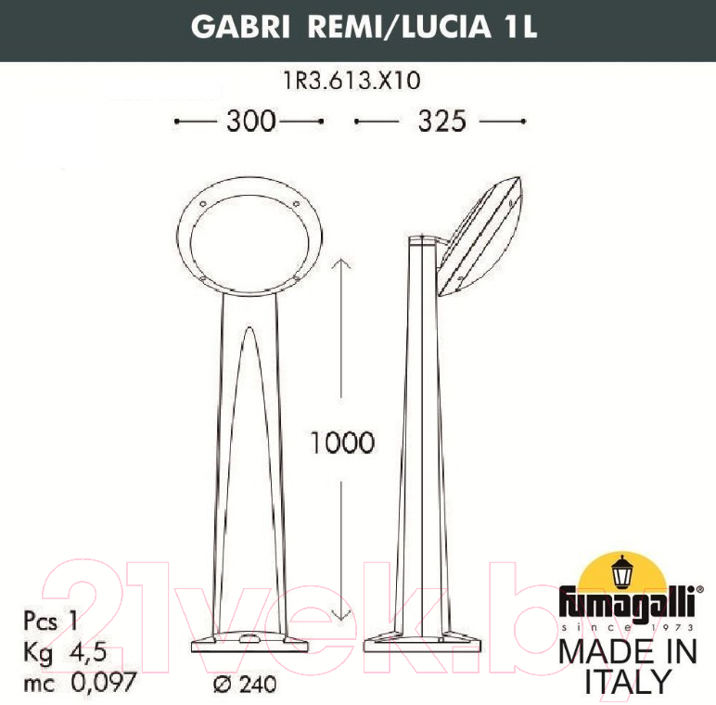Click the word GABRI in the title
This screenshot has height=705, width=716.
click(x=240, y=27)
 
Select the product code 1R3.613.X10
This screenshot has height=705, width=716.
click(x=352, y=81)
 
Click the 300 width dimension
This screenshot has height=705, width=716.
click(x=251, y=121)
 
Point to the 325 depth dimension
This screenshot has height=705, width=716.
click(x=441, y=121)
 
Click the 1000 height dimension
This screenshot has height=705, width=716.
click(x=342, y=442)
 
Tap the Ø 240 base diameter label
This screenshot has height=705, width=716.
click(x=245, y=684)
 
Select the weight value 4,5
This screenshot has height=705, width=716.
click(x=88, y=652)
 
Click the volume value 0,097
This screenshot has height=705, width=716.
click(x=104, y=682)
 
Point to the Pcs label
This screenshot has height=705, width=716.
click(x=40, y=622)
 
